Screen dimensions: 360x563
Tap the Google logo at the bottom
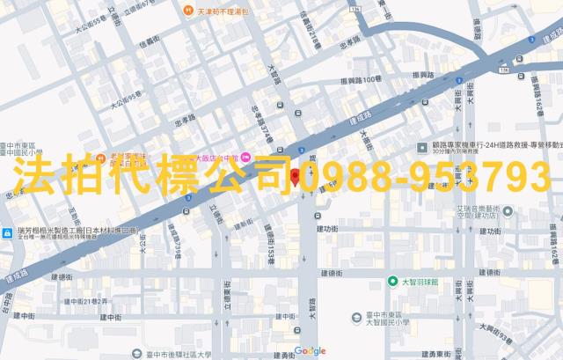click(310, 351)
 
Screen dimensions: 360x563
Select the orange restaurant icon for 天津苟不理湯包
click(187, 10)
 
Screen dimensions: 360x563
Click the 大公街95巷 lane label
click(124, 99)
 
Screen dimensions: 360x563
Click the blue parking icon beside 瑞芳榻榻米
click(6, 233)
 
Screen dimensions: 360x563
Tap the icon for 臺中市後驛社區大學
click(134, 354)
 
